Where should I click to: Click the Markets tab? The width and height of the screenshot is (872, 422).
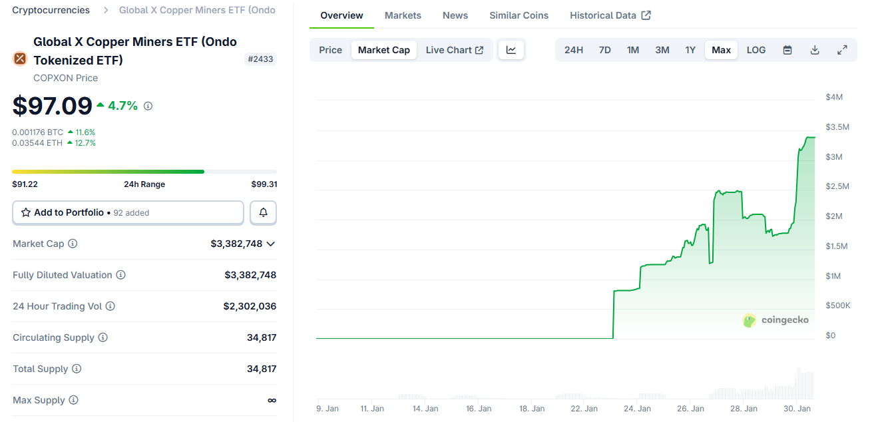click(x=403, y=15)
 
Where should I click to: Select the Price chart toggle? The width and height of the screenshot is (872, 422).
click(x=330, y=50)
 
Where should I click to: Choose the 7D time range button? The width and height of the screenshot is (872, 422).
click(x=604, y=50)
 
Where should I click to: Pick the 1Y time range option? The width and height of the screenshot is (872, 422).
click(x=690, y=50)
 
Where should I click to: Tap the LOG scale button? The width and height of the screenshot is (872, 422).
click(x=756, y=50)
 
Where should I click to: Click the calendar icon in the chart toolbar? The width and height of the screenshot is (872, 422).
click(x=787, y=50)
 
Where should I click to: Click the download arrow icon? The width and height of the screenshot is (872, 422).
click(x=815, y=50)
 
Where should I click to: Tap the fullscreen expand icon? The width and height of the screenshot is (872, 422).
click(x=842, y=50)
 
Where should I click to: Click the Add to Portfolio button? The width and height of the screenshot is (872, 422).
click(x=128, y=212)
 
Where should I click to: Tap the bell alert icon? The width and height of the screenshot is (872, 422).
click(x=263, y=212)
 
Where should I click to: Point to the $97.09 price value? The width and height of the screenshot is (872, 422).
click(x=53, y=106)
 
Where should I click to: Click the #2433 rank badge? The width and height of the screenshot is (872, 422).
click(x=261, y=59)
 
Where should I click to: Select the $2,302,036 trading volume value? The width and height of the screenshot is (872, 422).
click(x=250, y=306)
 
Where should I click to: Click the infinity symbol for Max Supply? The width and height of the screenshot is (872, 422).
click(x=272, y=400)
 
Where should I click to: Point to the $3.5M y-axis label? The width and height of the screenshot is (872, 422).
click(x=837, y=127)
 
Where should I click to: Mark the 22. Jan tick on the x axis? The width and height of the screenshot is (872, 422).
click(x=585, y=409)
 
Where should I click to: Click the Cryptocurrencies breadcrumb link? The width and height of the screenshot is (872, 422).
click(x=51, y=10)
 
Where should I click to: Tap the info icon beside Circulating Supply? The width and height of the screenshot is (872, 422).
click(x=103, y=337)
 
